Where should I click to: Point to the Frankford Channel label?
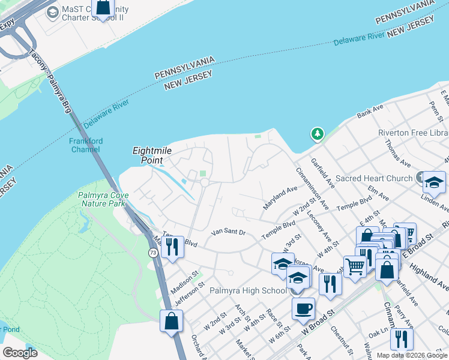[x=86, y=145]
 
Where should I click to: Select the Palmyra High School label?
[x=249, y=291]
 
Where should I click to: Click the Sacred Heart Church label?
[x=374, y=178]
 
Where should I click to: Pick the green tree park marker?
[x=316, y=134]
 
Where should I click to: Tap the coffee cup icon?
[x=303, y=309]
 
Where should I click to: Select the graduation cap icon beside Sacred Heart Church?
[x=433, y=182]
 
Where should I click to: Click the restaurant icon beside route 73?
[x=172, y=247]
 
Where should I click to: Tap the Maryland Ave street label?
[x=280, y=197]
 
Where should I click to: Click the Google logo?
[x=20, y=353]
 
